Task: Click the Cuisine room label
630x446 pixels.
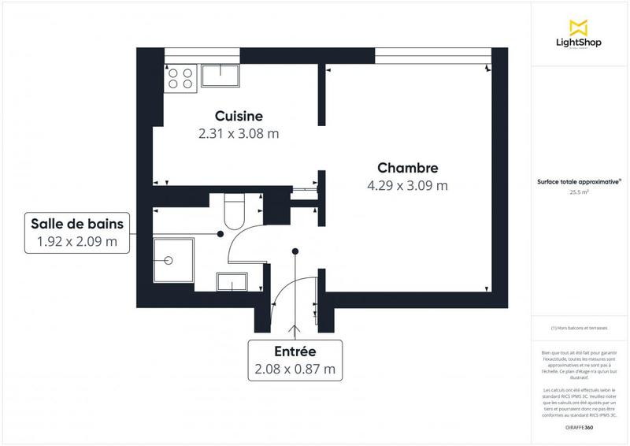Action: [x=239, y=116]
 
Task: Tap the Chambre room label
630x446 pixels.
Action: [x=407, y=168]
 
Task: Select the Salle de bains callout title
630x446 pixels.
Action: [x=76, y=222]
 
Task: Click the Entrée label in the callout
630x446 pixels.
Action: [x=295, y=351]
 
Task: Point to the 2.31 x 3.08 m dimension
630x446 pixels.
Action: [x=239, y=134]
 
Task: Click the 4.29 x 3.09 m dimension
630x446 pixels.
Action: [x=407, y=186]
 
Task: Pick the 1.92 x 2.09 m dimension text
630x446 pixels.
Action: [x=76, y=241]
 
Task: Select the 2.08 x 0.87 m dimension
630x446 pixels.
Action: [x=295, y=369]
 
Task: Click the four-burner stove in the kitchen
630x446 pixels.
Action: [x=180, y=79]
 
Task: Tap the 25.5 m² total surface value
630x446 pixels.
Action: [x=579, y=191]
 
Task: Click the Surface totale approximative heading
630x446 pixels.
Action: [x=579, y=180]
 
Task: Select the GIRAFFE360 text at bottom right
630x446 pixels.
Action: [x=579, y=427]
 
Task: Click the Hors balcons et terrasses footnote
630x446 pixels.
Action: [x=579, y=328]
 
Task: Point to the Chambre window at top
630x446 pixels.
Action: [x=430, y=55]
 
